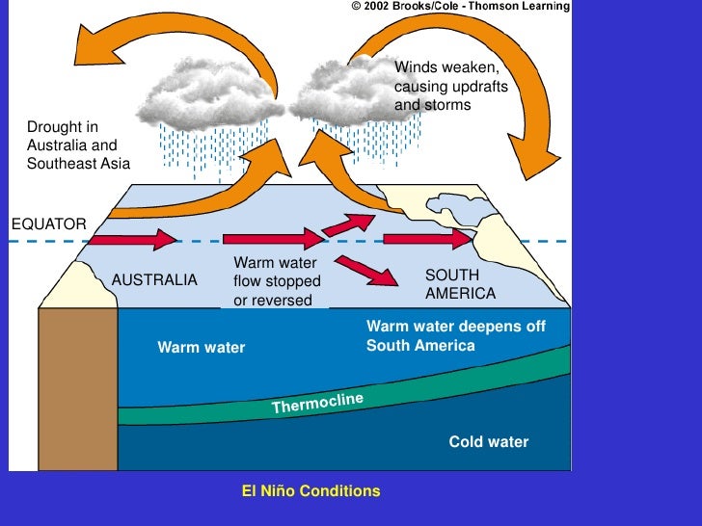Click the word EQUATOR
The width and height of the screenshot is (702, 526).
(48, 224)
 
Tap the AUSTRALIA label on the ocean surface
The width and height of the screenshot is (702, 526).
(154, 280)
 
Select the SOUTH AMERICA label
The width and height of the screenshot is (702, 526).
(460, 284)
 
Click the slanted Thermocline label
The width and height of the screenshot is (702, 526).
(317, 403)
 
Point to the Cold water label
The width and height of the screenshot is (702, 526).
(488, 442)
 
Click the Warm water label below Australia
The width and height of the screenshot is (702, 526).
(202, 347)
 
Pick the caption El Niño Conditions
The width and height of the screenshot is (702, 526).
(310, 491)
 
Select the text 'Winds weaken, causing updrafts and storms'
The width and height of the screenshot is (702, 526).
(450, 86)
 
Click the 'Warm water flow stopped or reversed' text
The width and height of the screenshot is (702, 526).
(276, 281)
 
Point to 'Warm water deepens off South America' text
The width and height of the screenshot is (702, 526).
(455, 335)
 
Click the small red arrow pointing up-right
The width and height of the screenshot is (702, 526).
(348, 224)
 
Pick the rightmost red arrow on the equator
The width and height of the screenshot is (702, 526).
(430, 238)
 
